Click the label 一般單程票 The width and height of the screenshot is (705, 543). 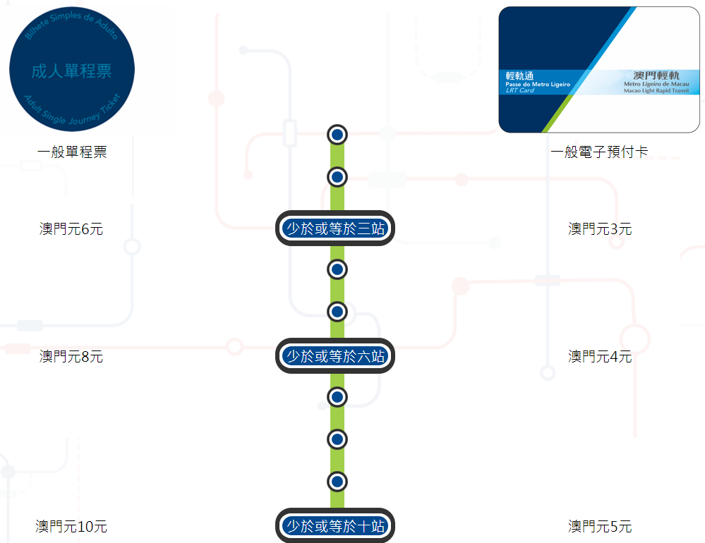click(x=72, y=152)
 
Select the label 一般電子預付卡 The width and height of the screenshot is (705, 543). click(x=599, y=152)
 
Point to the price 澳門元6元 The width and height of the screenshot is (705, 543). click(x=71, y=229)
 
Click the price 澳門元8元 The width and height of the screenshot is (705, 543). click(x=71, y=357)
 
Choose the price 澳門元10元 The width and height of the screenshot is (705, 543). click(x=71, y=527)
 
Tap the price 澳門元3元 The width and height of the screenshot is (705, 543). click(x=600, y=229)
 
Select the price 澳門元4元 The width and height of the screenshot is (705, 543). click(x=600, y=357)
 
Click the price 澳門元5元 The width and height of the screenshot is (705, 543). click(x=600, y=527)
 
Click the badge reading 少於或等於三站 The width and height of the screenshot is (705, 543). click(x=335, y=228)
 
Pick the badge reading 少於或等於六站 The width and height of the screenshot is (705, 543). click(x=335, y=356)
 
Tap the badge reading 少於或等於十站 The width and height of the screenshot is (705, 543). click(x=335, y=526)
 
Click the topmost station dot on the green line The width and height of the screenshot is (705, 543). click(x=337, y=134)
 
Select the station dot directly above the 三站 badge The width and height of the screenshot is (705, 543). click(x=337, y=176)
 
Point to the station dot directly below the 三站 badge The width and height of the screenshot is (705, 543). click(x=337, y=269)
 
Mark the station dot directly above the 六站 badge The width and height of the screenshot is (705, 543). click(x=337, y=311)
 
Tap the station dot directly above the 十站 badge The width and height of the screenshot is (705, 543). click(x=337, y=482)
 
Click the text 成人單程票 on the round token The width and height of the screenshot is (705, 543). click(x=72, y=71)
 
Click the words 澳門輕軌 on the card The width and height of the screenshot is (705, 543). click(x=656, y=75)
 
